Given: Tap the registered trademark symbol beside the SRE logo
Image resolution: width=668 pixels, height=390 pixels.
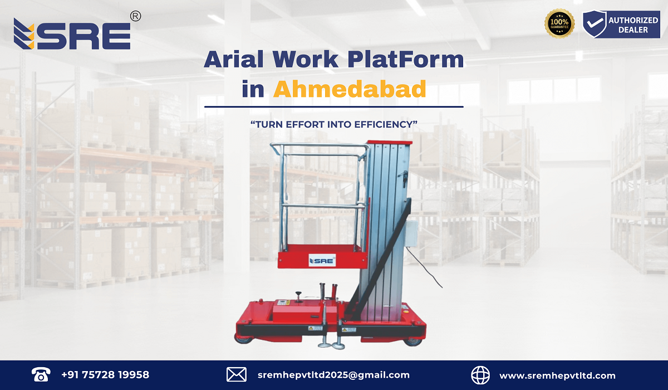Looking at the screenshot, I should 135,17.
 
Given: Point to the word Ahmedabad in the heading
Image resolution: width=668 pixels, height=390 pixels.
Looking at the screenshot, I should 350,89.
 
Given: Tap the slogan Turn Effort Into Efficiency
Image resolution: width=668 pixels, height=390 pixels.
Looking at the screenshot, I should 334,124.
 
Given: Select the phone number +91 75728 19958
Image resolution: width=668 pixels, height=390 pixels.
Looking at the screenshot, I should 105,375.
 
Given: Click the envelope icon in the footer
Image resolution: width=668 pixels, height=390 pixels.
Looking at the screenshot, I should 236,375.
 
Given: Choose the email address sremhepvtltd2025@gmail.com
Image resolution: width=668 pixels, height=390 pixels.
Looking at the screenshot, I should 334,375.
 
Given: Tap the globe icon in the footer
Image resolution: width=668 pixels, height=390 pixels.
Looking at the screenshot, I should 480,375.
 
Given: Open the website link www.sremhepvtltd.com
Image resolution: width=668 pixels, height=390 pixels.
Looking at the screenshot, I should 557,375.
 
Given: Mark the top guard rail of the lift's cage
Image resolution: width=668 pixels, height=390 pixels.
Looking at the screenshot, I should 318,146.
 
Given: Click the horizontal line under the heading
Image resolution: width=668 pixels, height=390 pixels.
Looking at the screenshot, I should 334,106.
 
